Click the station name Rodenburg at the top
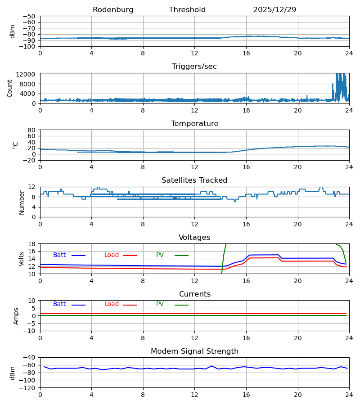coord(113,10)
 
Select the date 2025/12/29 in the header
coord(274,10)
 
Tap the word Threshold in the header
coord(187,10)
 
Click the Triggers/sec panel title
coord(194,67)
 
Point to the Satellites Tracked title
coord(194,180)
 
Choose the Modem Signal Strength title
coord(194,351)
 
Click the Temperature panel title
coord(194,123)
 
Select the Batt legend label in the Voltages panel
coord(59,255)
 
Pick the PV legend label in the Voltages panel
coord(160,255)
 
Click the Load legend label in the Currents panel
coord(112,304)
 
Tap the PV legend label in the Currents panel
coord(160,304)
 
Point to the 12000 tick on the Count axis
coord(26,75)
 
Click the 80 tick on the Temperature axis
coord(31,130)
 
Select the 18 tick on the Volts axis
coord(31,244)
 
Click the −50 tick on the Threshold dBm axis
coord(29,16)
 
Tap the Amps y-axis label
coord(16,316)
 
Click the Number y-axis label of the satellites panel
coord(22,203)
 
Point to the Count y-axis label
coord(10,88)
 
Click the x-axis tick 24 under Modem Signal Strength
coord(349,395)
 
